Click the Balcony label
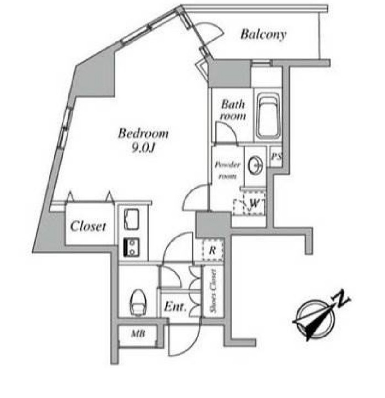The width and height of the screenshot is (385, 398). [263, 35]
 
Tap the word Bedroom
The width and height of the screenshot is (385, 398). [143, 134]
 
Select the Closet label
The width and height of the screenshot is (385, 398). [88, 226]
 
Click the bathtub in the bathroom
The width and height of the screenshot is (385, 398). [268, 115]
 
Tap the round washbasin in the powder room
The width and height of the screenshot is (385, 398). [255, 165]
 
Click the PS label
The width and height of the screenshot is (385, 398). [276, 156]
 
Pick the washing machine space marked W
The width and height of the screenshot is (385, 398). [249, 203]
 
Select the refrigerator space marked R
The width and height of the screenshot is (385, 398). [212, 250]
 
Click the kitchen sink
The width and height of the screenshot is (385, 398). [131, 219]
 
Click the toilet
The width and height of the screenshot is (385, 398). [138, 303]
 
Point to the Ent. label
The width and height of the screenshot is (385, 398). [175, 306]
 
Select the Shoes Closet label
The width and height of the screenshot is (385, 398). [213, 291]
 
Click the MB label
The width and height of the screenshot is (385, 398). [138, 333]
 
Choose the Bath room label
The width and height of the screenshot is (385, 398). [233, 110]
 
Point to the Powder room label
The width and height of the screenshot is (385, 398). [227, 170]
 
